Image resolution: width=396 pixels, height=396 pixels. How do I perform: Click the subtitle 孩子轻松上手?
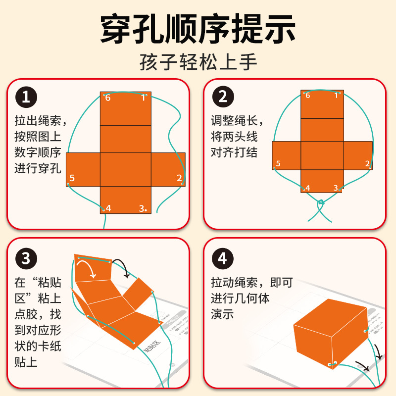pyautogui.click(x=198, y=63)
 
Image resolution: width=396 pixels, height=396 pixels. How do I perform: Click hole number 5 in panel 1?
pyautogui.click(x=69, y=184)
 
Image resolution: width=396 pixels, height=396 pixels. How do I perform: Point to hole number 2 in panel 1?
pyautogui.click(x=182, y=184)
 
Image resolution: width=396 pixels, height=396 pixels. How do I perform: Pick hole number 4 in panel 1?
pyautogui.click(x=103, y=210)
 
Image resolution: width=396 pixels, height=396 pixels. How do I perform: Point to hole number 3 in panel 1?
pyautogui.click(x=147, y=210)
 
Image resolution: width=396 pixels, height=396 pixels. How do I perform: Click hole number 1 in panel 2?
pyautogui.click(x=340, y=93)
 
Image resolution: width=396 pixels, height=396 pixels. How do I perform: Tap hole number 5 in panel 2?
pyautogui.click(x=274, y=168)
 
